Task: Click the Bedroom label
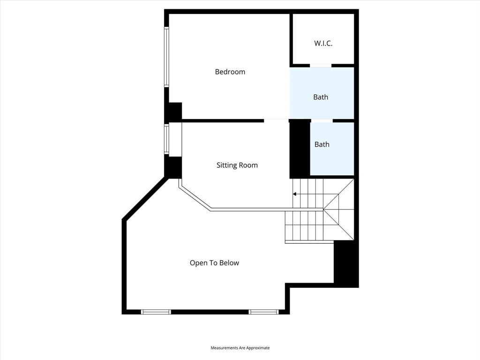click(230, 72)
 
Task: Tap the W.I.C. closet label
click(323, 43)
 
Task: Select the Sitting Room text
click(237, 165)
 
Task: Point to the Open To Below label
click(214, 263)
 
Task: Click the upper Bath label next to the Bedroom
click(321, 97)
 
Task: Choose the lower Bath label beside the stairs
click(322, 144)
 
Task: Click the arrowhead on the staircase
click(294, 194)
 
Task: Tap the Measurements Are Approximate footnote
click(240, 348)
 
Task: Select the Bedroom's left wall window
click(166, 57)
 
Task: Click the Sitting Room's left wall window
click(166, 139)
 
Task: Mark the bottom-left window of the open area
click(156, 312)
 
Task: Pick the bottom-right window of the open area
click(263, 312)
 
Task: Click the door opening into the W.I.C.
click(321, 65)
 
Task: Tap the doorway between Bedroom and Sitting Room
click(276, 120)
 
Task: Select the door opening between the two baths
click(322, 120)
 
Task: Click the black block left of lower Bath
click(300, 149)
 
